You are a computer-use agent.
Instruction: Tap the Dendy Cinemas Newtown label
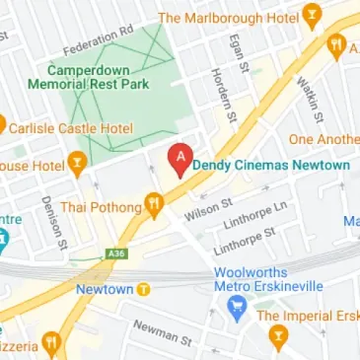click(271, 165)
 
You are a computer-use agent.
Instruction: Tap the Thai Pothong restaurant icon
click(154, 205)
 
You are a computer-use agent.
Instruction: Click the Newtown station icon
click(144, 289)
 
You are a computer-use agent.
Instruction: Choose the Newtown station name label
click(103, 289)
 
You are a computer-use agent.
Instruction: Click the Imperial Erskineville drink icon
click(278, 337)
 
